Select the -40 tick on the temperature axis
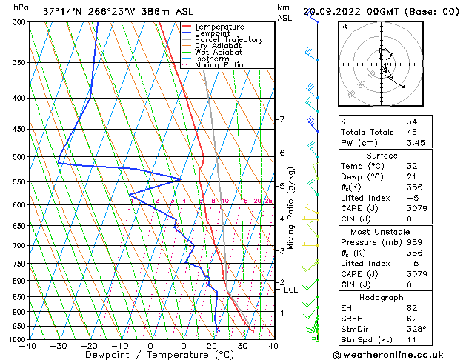(28, 346)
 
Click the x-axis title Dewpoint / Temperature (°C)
(150, 356)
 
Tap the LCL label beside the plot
(290, 290)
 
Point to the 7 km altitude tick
(282, 119)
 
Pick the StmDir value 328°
(416, 318)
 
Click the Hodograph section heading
(382, 296)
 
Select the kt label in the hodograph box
(344, 27)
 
